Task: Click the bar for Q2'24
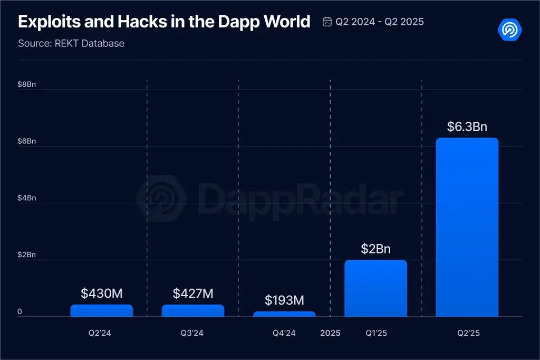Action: click(x=101, y=310)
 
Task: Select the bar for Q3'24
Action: click(x=193, y=310)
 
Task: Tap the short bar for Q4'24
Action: click(x=284, y=314)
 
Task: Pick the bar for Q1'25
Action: click(x=375, y=288)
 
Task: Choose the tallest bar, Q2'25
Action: click(x=467, y=227)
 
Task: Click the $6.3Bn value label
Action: click(x=467, y=127)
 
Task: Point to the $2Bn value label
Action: click(x=375, y=249)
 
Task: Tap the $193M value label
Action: click(x=284, y=300)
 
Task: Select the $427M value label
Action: click(x=193, y=294)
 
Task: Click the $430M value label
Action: click(x=101, y=294)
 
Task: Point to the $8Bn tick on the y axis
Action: click(x=26, y=84)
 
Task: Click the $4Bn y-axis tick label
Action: click(x=26, y=198)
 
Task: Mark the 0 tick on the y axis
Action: click(x=20, y=312)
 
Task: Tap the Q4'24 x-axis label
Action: click(x=284, y=333)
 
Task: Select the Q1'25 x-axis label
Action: click(x=375, y=333)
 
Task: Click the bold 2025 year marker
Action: click(x=330, y=333)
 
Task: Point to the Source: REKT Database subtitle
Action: click(x=71, y=43)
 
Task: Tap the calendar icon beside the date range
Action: click(x=327, y=22)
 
